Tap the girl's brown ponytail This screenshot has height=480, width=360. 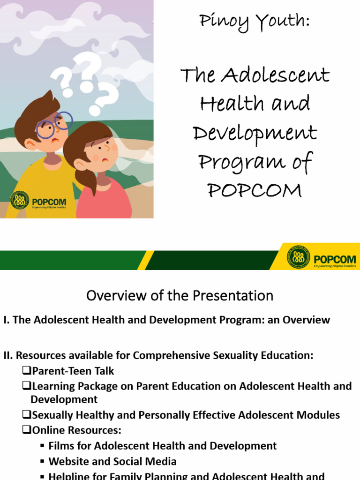(89, 180)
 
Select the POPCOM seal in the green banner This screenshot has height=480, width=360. (299, 258)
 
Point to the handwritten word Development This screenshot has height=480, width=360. (255, 134)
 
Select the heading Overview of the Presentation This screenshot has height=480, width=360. (180, 296)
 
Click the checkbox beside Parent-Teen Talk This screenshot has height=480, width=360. (26, 371)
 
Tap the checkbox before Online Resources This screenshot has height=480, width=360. (26, 430)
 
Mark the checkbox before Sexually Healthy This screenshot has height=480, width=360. (26, 415)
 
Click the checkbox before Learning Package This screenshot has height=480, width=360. (26, 386)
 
